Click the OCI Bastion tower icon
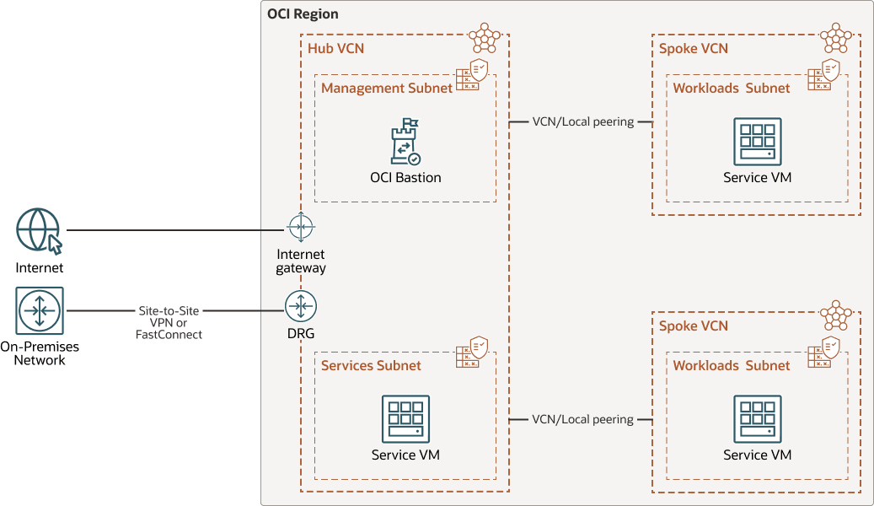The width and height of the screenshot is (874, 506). [x=405, y=142]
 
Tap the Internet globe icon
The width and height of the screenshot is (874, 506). [x=39, y=231]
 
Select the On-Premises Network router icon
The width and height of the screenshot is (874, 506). [x=39, y=310]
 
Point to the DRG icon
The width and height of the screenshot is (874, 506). [x=300, y=305]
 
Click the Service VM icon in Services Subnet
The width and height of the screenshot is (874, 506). [x=405, y=419]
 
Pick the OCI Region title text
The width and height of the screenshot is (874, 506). [x=303, y=14]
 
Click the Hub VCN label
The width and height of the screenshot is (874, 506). [x=335, y=48]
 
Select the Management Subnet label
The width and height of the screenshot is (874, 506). [x=387, y=88]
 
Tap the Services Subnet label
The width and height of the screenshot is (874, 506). [x=371, y=365]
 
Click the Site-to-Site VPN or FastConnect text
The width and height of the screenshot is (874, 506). [x=169, y=322]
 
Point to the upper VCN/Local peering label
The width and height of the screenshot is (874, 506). [x=582, y=121]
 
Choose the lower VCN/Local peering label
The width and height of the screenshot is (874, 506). [x=582, y=419]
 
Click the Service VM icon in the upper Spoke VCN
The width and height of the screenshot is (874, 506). [x=757, y=142]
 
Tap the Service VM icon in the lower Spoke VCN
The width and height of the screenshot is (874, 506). [x=757, y=419]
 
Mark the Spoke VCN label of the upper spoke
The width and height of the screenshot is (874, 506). [x=693, y=48]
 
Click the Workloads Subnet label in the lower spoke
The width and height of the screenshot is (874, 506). [x=732, y=365]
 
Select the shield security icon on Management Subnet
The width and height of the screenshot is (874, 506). [x=479, y=67]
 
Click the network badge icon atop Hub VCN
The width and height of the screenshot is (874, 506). [x=484, y=36]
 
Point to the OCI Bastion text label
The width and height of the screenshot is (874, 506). [x=405, y=177]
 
